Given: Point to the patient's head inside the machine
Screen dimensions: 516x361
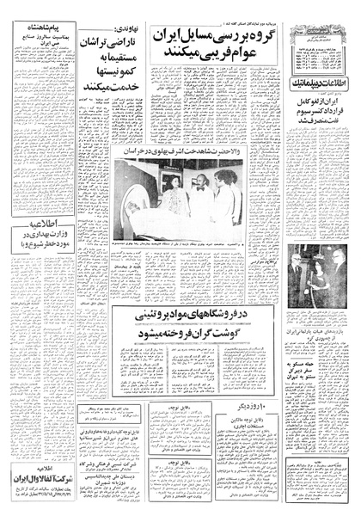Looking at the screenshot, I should [140, 211].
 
